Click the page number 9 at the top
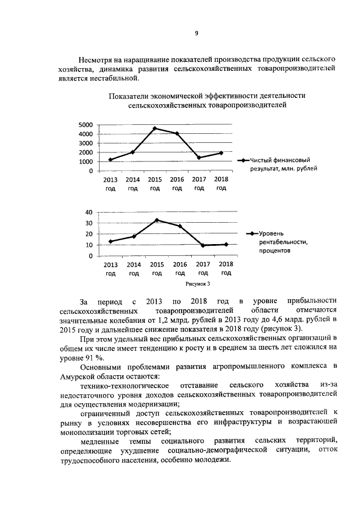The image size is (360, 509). [x=196, y=33]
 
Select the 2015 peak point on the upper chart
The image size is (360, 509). [x=155, y=128]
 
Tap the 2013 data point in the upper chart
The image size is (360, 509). [x=110, y=160]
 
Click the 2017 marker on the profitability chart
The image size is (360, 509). [x=202, y=245]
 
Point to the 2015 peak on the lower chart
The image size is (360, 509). [x=157, y=220]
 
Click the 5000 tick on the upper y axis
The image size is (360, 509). [x=85, y=125]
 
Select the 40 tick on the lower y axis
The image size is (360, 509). [x=88, y=213]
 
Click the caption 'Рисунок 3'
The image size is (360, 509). [x=197, y=284]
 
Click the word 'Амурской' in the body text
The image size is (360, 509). [x=83, y=376]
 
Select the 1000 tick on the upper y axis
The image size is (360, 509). [x=85, y=162]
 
